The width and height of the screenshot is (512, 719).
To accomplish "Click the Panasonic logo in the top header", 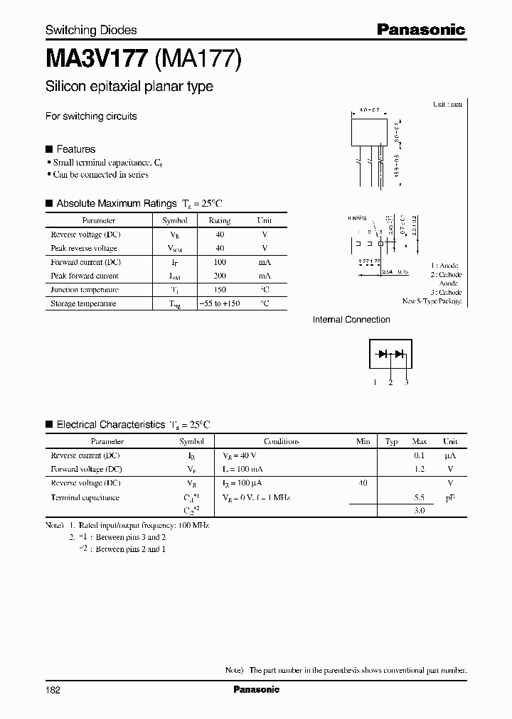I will click(x=420, y=29).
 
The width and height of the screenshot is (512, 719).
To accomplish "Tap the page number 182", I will click(x=53, y=689).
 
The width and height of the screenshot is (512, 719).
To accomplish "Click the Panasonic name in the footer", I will click(x=256, y=689).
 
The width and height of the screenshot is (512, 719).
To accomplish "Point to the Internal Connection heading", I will click(x=351, y=320).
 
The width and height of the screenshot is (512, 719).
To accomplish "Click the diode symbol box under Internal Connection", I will click(x=390, y=354).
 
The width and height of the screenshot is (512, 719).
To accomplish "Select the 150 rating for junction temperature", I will click(x=220, y=290).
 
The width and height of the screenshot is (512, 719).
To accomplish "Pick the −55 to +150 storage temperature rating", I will click(x=220, y=303).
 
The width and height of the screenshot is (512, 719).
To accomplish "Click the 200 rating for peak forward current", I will click(x=220, y=276).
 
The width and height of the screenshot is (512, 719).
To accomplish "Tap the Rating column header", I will click(x=220, y=221).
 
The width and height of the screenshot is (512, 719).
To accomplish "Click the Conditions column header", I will click(x=282, y=441).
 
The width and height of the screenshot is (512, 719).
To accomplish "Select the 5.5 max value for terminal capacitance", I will click(x=420, y=498).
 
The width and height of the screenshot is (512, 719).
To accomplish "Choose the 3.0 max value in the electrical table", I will click(x=420, y=511).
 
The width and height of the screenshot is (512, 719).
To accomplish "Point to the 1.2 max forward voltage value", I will click(x=420, y=469).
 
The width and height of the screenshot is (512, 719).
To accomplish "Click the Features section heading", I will click(x=75, y=149).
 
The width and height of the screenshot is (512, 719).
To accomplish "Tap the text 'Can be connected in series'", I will click(x=101, y=175).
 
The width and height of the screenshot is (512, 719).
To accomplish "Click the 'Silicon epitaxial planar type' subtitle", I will click(x=129, y=87).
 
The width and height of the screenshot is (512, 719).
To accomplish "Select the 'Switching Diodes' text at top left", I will click(x=91, y=30).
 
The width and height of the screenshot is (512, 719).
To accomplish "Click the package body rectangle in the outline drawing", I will click(x=372, y=134).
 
